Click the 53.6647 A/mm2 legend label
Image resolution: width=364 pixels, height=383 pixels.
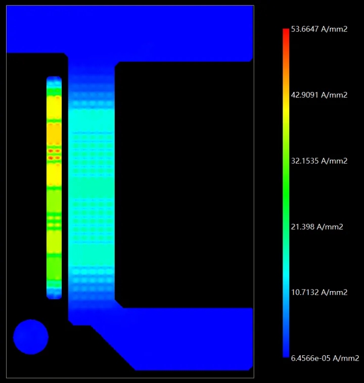(319, 29)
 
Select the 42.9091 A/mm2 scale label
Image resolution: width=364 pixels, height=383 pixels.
(319, 95)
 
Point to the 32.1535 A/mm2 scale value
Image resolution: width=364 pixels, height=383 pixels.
(319, 161)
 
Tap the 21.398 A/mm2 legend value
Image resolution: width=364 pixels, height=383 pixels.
(317, 227)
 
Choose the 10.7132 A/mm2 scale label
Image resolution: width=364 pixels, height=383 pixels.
(319, 292)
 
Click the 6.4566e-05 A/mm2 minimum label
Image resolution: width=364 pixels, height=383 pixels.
(325, 358)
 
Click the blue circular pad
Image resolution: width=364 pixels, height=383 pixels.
(31, 337)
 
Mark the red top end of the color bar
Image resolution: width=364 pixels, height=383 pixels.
(286, 30)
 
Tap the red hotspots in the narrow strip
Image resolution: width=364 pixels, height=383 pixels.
(54, 155)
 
